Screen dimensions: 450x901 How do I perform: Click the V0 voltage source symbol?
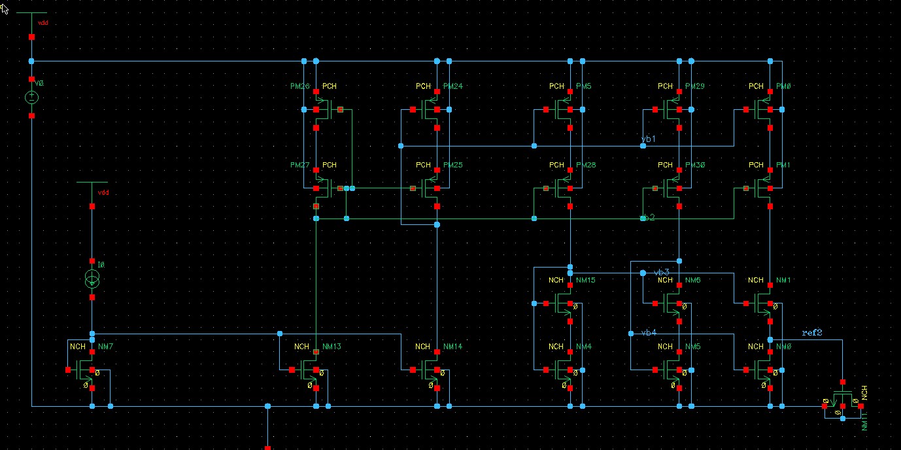(x=31, y=97)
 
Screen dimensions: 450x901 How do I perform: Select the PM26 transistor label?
(x=300, y=86)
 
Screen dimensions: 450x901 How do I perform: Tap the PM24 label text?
(x=452, y=86)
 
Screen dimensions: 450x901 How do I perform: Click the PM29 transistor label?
(x=695, y=86)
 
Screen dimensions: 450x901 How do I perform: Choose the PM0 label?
(x=783, y=86)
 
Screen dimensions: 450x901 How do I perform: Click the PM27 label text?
(x=300, y=165)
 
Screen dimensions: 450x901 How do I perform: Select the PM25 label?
(x=452, y=165)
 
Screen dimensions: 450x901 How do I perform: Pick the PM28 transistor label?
(x=586, y=165)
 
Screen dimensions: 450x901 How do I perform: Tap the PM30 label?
(x=695, y=165)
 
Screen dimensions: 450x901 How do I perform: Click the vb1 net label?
(x=648, y=139)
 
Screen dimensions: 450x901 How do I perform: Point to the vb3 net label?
(x=662, y=272)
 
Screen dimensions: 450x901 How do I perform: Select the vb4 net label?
(x=649, y=333)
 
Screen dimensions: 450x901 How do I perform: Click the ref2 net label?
(x=811, y=333)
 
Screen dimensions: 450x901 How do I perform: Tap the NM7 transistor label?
(x=105, y=346)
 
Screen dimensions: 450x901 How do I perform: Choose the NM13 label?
(x=331, y=347)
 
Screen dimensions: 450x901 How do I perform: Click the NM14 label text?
(x=452, y=347)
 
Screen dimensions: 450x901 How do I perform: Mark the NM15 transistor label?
(x=586, y=280)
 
